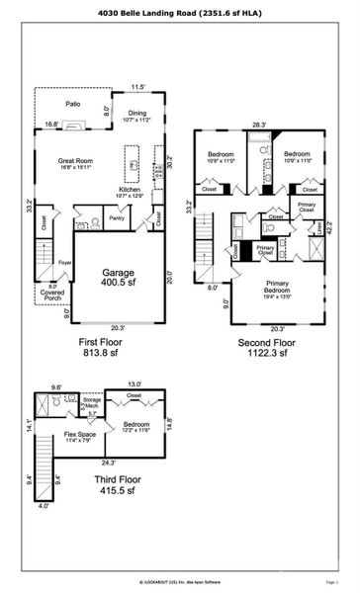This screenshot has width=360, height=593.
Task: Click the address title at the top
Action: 179,15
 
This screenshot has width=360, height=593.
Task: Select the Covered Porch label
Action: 52,294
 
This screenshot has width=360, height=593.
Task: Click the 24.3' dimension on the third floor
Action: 106,462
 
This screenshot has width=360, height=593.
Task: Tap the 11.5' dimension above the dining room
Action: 137,86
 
